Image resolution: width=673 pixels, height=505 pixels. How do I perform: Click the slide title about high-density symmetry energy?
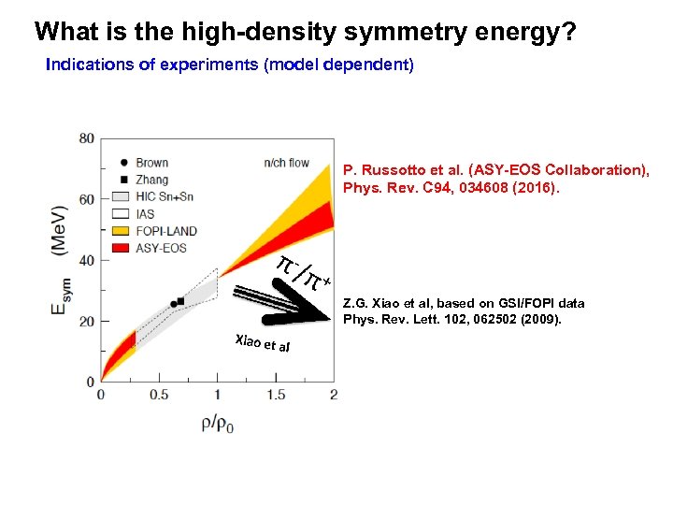click(x=305, y=33)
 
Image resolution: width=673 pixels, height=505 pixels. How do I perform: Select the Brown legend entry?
click(x=151, y=163)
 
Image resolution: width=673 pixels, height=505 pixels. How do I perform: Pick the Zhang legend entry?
click(x=151, y=177)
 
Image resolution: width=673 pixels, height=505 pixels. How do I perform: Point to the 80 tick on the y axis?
click(x=86, y=138)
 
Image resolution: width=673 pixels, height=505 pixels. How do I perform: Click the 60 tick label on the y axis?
click(x=86, y=199)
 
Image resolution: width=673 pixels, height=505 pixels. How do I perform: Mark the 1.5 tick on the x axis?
click(x=275, y=396)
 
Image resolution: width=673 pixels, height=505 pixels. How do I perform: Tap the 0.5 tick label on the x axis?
click(x=159, y=396)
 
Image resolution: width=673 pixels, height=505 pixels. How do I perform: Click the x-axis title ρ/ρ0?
click(x=217, y=423)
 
